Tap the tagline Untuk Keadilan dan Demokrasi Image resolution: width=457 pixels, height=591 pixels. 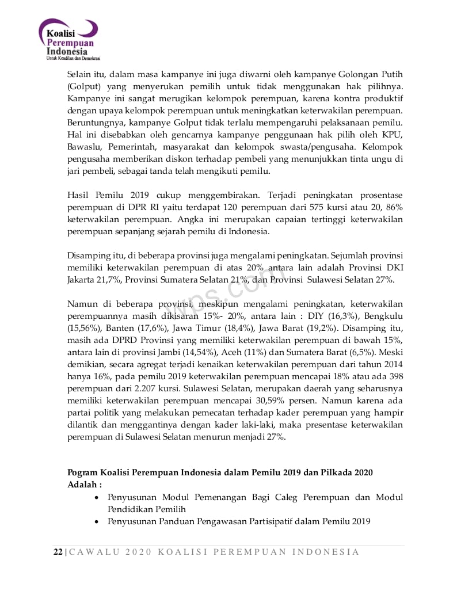73,58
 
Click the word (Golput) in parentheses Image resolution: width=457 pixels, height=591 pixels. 82,86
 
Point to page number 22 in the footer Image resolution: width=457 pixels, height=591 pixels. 58,552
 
